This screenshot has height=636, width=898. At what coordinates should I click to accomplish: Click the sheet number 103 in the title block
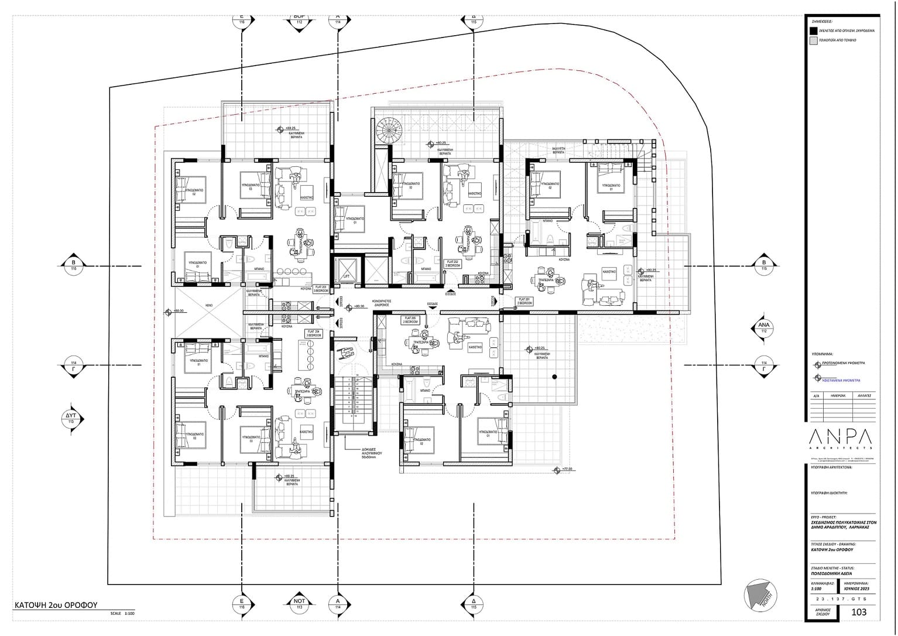click(859, 613)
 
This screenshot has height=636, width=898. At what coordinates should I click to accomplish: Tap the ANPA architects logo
click(839, 438)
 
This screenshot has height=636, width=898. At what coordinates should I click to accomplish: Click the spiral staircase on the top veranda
click(386, 128)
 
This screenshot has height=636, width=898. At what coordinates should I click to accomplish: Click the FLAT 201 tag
click(524, 302)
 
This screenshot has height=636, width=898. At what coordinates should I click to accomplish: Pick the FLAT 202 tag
click(453, 264)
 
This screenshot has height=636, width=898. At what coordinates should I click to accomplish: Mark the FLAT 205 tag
click(410, 321)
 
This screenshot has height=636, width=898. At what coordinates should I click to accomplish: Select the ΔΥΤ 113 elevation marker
click(71, 418)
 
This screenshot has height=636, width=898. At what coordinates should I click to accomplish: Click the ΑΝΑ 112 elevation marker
click(763, 327)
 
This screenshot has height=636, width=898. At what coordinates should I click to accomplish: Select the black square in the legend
click(813, 30)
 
